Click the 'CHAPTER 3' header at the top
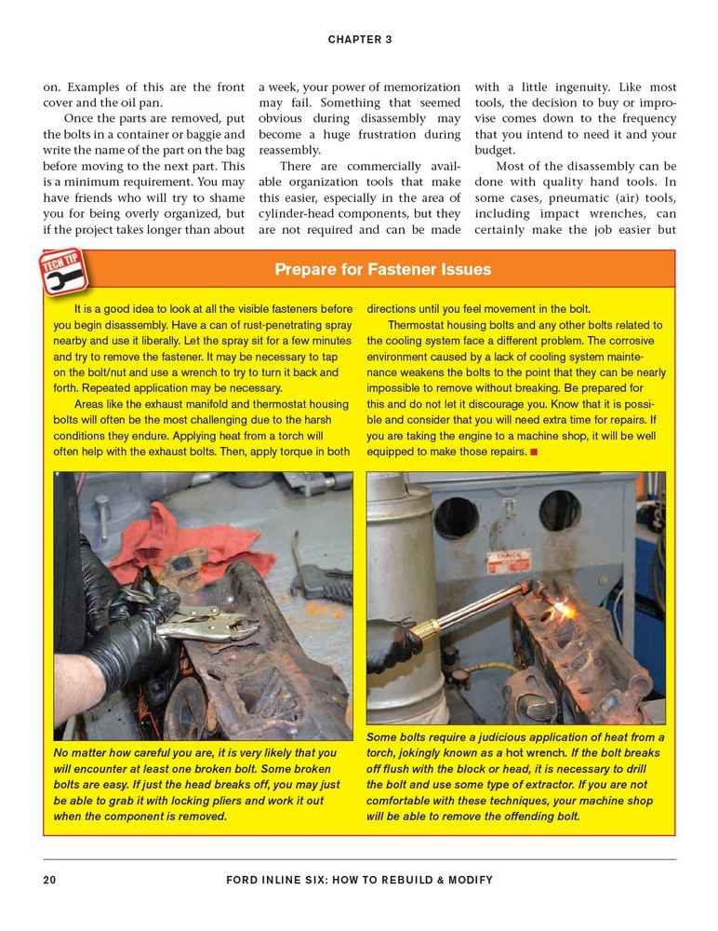point(359,39)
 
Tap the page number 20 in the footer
point(50,880)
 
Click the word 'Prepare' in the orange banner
point(306,270)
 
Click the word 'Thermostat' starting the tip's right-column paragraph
point(418,326)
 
